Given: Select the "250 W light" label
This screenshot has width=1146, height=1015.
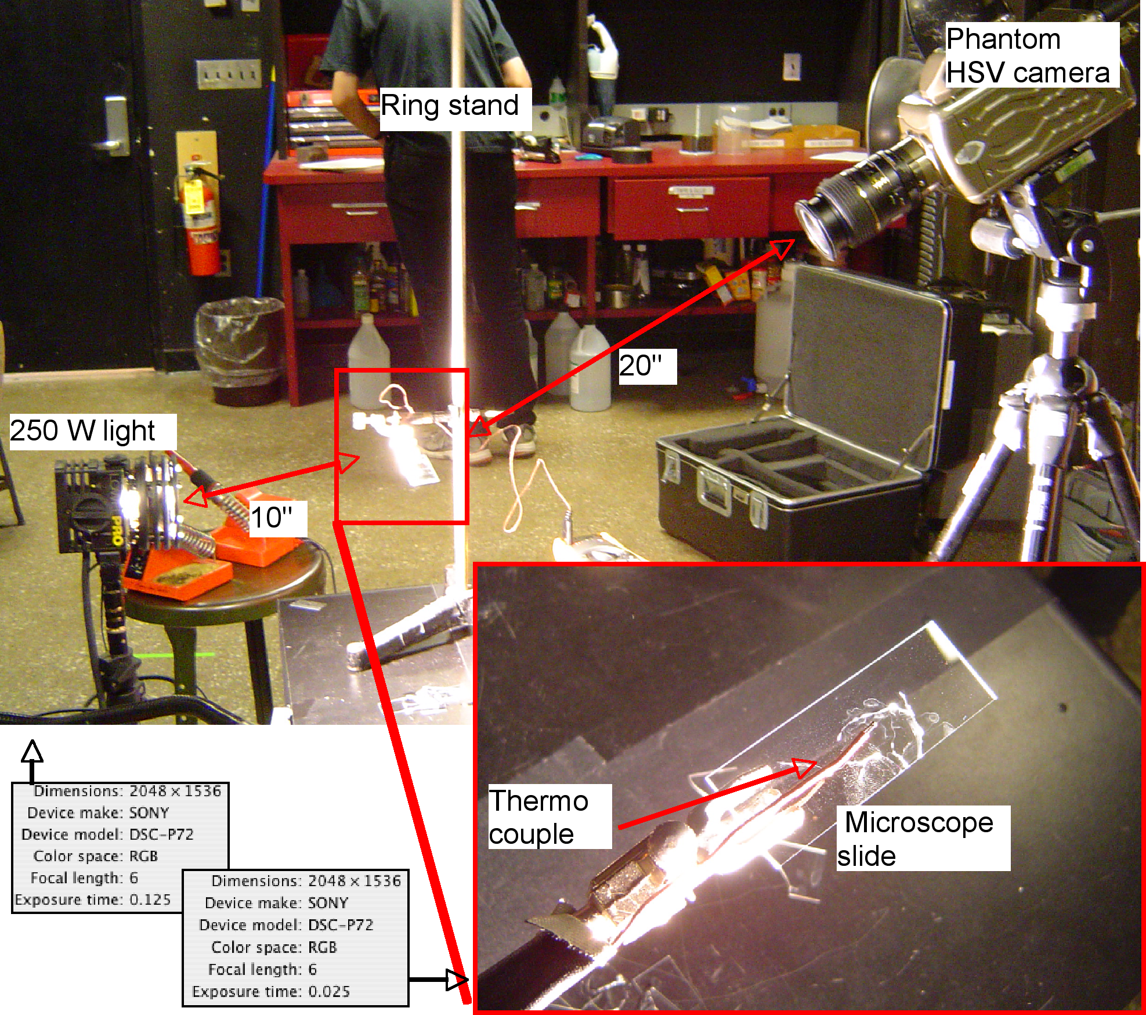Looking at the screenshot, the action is (93, 432).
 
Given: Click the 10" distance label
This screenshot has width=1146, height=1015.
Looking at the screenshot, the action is (278, 518).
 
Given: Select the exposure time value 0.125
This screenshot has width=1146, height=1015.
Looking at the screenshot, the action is (150, 900).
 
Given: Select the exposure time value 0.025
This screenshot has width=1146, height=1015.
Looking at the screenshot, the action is (329, 991).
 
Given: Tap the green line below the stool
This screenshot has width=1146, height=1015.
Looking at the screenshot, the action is (173, 655).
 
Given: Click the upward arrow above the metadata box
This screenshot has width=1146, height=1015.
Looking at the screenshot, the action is (32, 761).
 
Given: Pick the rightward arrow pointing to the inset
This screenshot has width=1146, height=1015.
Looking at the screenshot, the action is (439, 980).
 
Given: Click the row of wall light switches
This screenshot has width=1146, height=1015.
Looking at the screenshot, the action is (229, 75).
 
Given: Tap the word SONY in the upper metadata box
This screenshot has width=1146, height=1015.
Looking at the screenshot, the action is (149, 812).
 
